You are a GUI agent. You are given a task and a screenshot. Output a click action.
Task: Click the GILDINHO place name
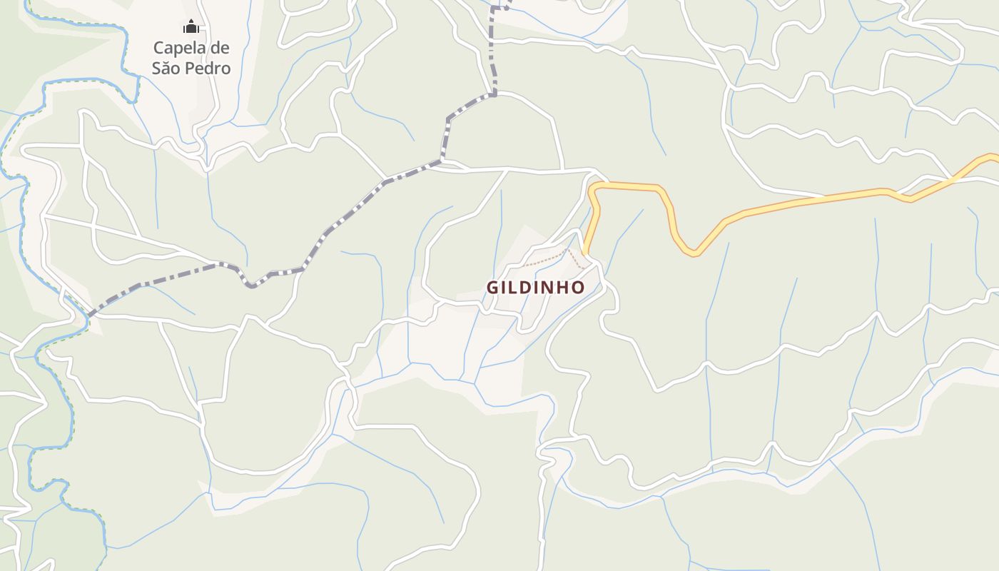click(x=536, y=288)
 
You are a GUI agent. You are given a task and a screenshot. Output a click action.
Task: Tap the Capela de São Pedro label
click(x=191, y=58)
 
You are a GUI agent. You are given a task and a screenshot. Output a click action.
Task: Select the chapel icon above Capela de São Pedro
click(x=191, y=28)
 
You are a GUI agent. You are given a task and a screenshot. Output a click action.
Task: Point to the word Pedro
click(x=208, y=69)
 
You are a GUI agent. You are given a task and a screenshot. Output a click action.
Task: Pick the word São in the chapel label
click(x=166, y=69)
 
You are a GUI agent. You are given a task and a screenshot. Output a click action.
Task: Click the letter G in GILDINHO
click(x=492, y=288)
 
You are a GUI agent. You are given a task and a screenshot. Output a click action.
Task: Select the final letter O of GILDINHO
click(x=579, y=288)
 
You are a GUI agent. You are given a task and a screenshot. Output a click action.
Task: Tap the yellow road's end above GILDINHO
click(x=585, y=252)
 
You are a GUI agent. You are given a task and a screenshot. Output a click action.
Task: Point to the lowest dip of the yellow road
click(x=693, y=253)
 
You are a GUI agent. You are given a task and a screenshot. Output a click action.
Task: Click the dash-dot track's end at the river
click(x=89, y=315)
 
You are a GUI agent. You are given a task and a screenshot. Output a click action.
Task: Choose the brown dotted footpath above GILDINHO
click(x=546, y=258)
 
